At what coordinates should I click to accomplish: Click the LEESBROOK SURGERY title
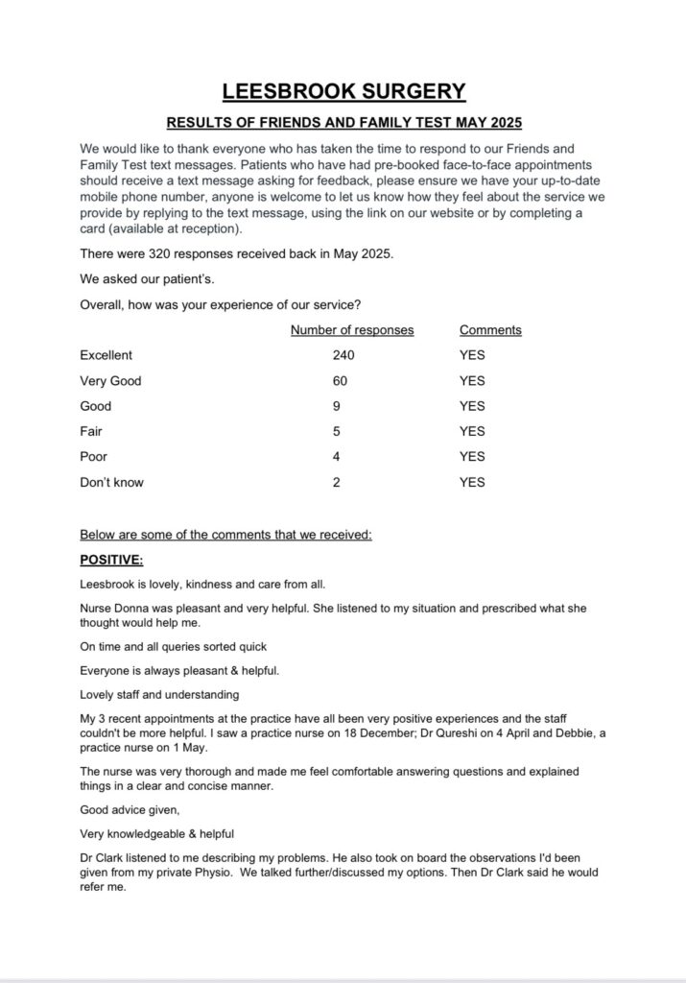[343, 92]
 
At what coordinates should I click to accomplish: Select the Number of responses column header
[352, 330]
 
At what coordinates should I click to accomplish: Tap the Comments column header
[490, 330]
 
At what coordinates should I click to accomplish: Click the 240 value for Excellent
[343, 355]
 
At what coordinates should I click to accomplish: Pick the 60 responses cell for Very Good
[340, 381]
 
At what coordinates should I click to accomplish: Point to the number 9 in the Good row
[337, 406]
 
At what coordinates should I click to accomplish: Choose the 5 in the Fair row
[337, 431]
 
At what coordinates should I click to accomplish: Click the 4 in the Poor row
[337, 457]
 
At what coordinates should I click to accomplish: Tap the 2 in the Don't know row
[337, 482]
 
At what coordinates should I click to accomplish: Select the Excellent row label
[106, 355]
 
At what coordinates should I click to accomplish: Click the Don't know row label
[111, 482]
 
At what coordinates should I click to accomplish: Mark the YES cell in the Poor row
[472, 457]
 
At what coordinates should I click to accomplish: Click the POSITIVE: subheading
[111, 560]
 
